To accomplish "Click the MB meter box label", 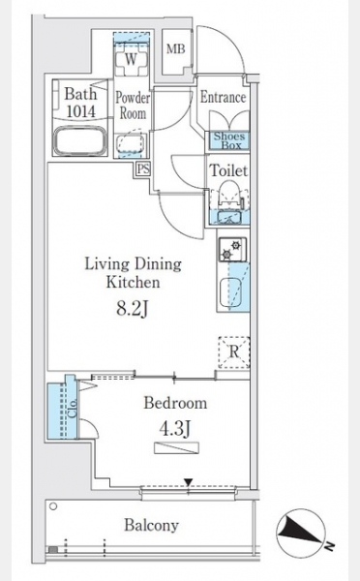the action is click(x=175, y=48).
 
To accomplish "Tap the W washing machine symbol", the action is click(x=131, y=60).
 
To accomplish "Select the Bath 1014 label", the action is click(x=80, y=103).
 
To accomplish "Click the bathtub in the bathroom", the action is click(x=80, y=140).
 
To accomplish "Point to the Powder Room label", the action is click(x=133, y=106).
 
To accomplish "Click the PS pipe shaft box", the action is click(x=143, y=169).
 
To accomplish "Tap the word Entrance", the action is click(x=223, y=97).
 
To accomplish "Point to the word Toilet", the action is click(x=228, y=170).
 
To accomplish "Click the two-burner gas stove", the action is click(x=232, y=250).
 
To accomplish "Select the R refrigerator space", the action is click(x=233, y=352).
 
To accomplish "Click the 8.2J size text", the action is click(x=133, y=308).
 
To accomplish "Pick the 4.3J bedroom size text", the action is click(x=175, y=429).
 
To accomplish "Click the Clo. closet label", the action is click(x=73, y=408).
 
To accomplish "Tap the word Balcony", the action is click(x=152, y=525).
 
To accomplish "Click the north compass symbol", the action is click(x=301, y=532).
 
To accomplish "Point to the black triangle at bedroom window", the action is click(x=189, y=482).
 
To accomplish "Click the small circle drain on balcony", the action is click(x=53, y=506).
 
